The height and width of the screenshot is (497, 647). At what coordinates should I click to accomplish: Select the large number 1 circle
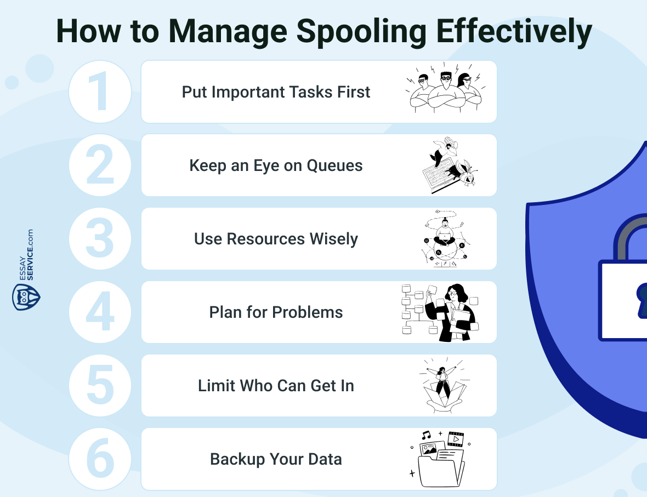(x=100, y=92)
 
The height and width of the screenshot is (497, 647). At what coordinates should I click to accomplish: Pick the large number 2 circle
(x=100, y=165)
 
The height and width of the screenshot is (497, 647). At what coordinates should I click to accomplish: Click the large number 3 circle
(x=100, y=238)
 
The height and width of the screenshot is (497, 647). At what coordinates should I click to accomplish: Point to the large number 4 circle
(x=100, y=312)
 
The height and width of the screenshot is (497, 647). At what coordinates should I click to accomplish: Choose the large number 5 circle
(x=100, y=385)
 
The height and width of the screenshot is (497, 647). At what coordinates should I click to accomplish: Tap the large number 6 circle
(x=100, y=459)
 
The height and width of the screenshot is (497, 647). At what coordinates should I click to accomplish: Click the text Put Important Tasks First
(x=276, y=92)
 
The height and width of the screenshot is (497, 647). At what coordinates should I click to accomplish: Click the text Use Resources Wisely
(x=276, y=239)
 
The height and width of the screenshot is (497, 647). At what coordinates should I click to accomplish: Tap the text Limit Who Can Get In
(x=276, y=386)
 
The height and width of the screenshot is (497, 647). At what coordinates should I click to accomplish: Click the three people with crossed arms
(x=445, y=92)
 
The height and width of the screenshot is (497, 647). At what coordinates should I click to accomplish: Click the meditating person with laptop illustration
(x=445, y=238)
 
